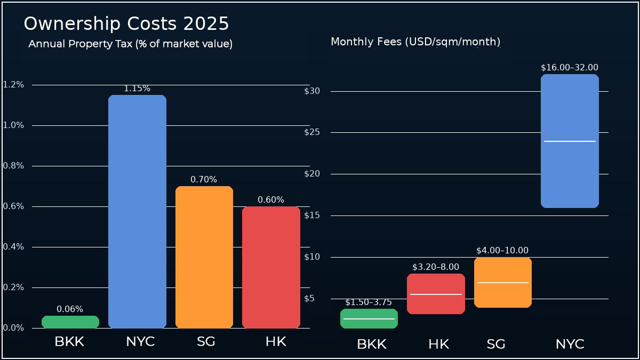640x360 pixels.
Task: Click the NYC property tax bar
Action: (x=137, y=213)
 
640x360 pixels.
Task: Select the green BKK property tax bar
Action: (x=70, y=322)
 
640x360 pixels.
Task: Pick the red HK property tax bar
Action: (x=271, y=267)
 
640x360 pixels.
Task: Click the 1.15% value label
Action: (x=137, y=89)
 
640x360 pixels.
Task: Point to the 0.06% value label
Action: (x=70, y=309)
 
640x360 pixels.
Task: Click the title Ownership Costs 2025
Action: (x=126, y=24)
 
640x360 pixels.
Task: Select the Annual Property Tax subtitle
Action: (x=130, y=44)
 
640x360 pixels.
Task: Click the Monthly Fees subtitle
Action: (x=415, y=42)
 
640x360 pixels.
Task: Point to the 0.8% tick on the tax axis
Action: (x=13, y=166)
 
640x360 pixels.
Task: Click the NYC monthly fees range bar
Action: (x=570, y=171)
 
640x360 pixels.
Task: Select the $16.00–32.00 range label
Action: (x=570, y=68)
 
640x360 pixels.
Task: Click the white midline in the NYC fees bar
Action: (x=570, y=141)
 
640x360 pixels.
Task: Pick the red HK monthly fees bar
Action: (x=436, y=304)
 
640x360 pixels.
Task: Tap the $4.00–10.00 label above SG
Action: (x=502, y=251)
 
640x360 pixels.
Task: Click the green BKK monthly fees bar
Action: (x=369, y=323)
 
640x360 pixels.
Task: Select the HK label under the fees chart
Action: (x=438, y=345)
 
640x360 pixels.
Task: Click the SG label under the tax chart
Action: (x=206, y=342)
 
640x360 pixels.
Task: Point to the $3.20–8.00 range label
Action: (x=436, y=267)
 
